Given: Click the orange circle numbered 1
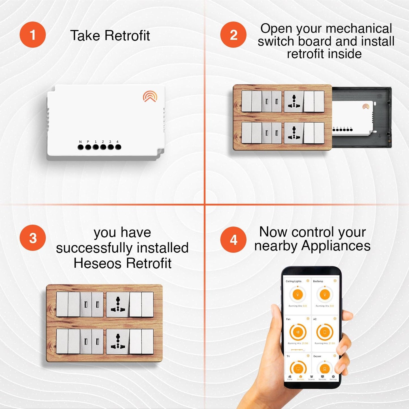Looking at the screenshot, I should pyautogui.click(x=33, y=35).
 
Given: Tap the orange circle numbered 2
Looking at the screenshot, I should pyautogui.click(x=233, y=35).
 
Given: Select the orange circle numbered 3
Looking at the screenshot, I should pyautogui.click(x=33, y=238).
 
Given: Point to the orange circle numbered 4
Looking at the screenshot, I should pyautogui.click(x=233, y=240).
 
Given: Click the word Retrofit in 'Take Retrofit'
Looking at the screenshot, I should pyautogui.click(x=127, y=36).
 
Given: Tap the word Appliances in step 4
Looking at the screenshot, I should pyautogui.click(x=336, y=246).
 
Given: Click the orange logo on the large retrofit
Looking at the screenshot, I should pyautogui.click(x=150, y=96).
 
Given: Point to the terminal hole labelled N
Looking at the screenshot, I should pyautogui.click(x=81, y=147).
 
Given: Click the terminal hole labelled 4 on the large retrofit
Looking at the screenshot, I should pyautogui.click(x=118, y=147).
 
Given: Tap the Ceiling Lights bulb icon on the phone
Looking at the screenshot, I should pyautogui.click(x=297, y=295).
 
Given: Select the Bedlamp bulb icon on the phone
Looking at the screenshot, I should pyautogui.click(x=325, y=295).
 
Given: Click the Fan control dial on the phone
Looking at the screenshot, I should pyautogui.click(x=298, y=332).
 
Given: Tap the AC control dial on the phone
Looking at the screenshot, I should pyautogui.click(x=325, y=332).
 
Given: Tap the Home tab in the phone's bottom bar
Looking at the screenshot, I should pyautogui.click(x=290, y=377).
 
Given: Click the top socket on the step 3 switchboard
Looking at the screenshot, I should pyautogui.click(x=118, y=304).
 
